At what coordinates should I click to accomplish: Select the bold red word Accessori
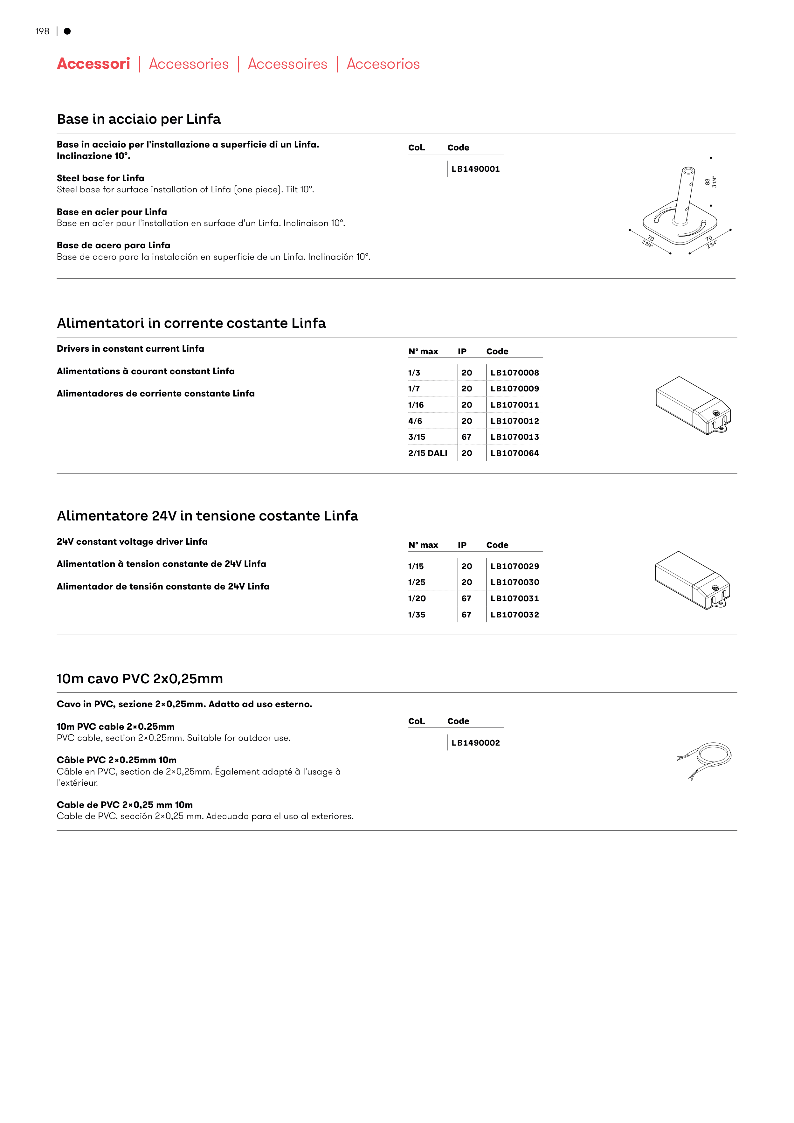[x=93, y=64]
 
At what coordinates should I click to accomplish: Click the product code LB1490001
[x=475, y=169]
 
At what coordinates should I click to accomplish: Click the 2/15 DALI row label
[x=428, y=453]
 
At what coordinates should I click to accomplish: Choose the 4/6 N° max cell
[x=415, y=421]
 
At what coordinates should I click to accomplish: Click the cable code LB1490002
[x=475, y=743]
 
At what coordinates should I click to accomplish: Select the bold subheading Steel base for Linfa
[x=100, y=178]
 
